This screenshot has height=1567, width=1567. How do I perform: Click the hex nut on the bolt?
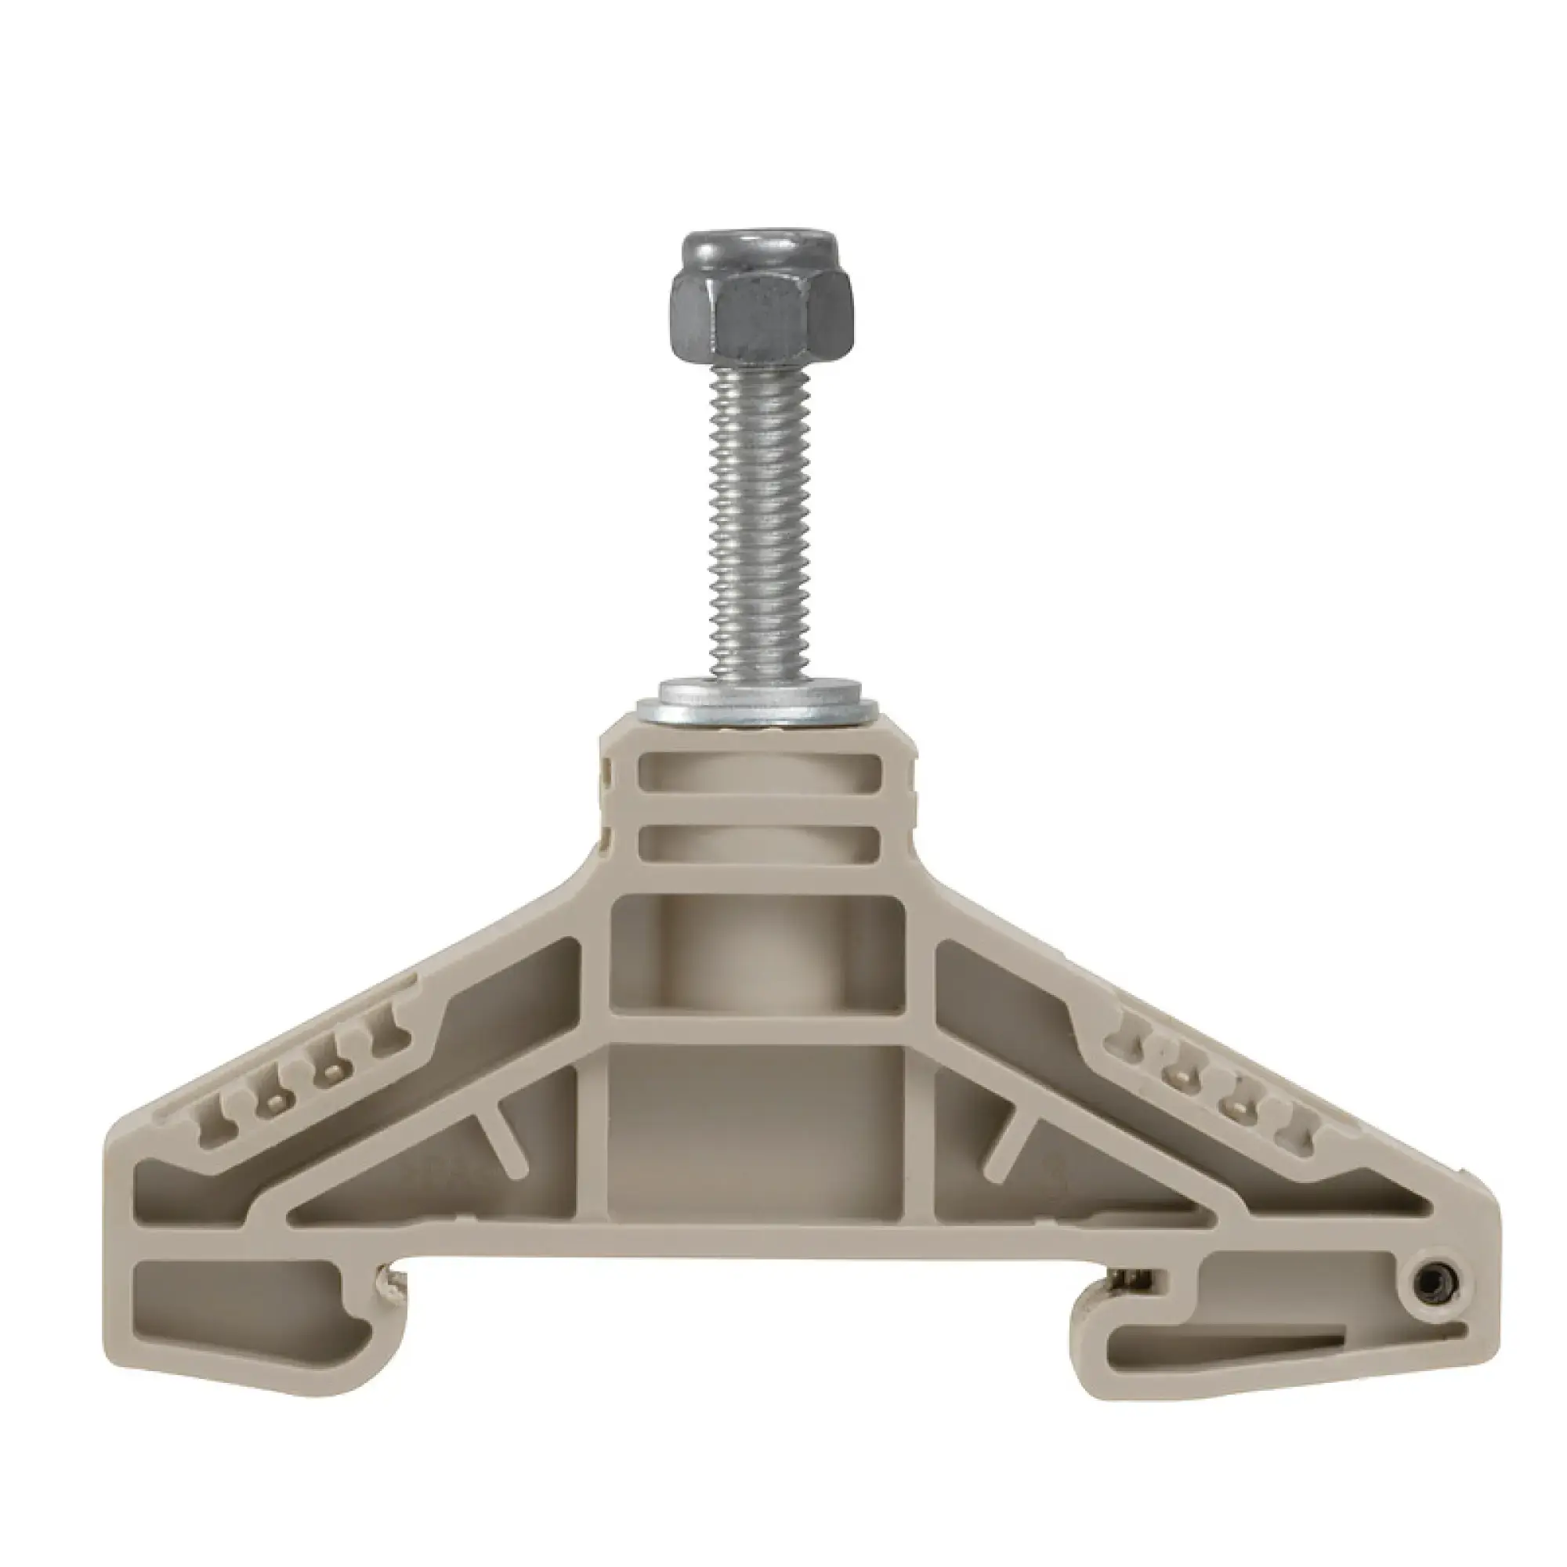pos(754,313)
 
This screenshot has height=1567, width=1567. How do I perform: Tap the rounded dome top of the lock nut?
pos(754,248)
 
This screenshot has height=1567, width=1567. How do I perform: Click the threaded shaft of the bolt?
pos(755,527)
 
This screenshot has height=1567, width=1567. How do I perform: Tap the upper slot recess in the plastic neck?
pos(759,770)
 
